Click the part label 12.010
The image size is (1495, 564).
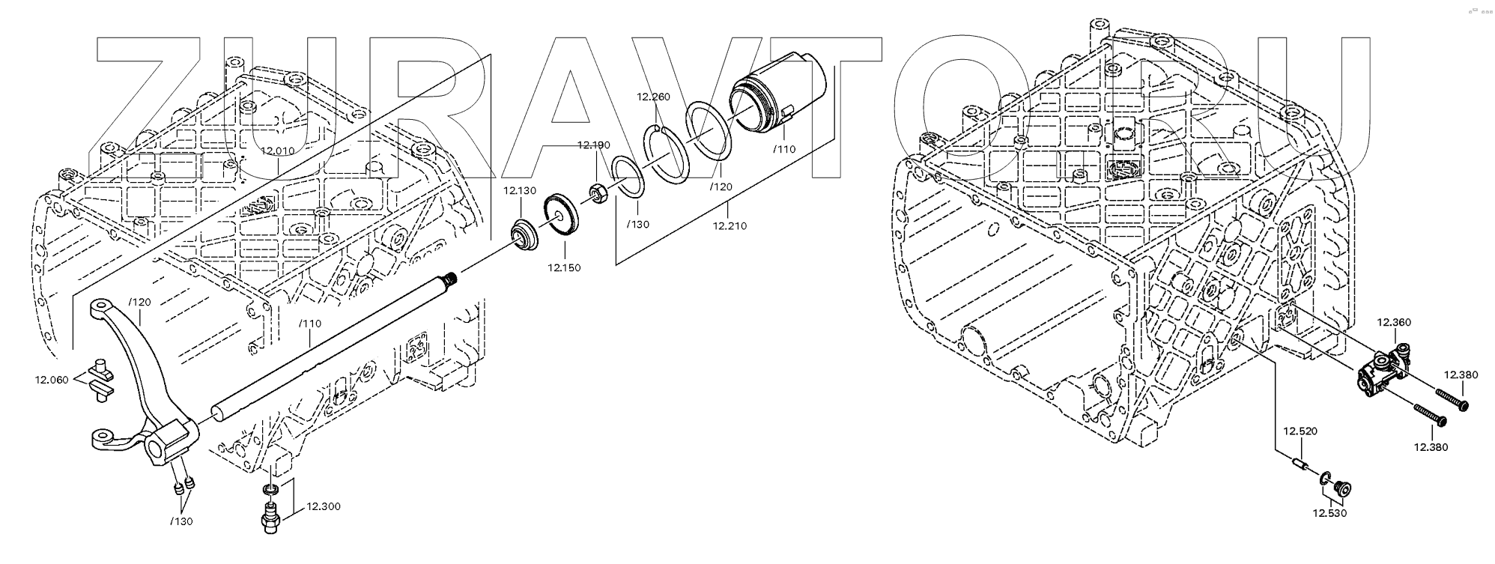[277, 151]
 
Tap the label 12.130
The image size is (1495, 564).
[519, 190]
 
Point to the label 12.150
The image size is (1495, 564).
[563, 267]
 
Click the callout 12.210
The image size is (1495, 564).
[729, 225]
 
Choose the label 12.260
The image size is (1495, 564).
[653, 97]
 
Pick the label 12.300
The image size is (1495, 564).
[323, 506]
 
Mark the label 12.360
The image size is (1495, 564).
[1394, 322]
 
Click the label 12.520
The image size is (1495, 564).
[1300, 431]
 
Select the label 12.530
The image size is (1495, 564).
[1329, 513]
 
